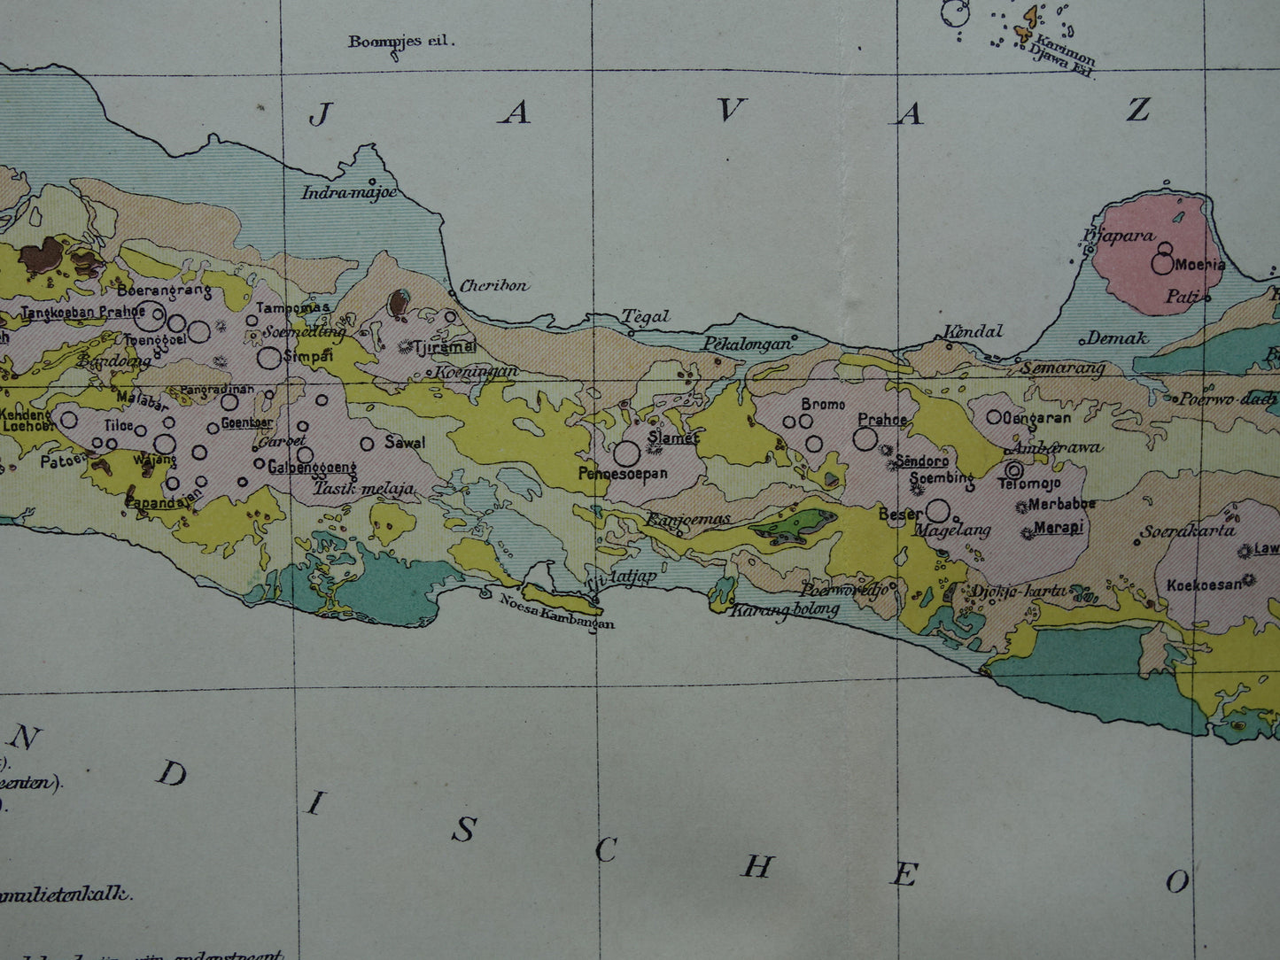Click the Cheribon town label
pos(494,286)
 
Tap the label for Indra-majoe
pos(349,192)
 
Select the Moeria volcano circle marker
pos(1162,263)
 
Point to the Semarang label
pos(1063,367)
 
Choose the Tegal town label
pos(645,316)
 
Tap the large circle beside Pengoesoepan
pos(626,453)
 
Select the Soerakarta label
pos(1187,532)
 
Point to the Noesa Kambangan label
pos(557,611)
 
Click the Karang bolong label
pos(785,610)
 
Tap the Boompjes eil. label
pos(400,41)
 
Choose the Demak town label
pos(1117,337)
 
